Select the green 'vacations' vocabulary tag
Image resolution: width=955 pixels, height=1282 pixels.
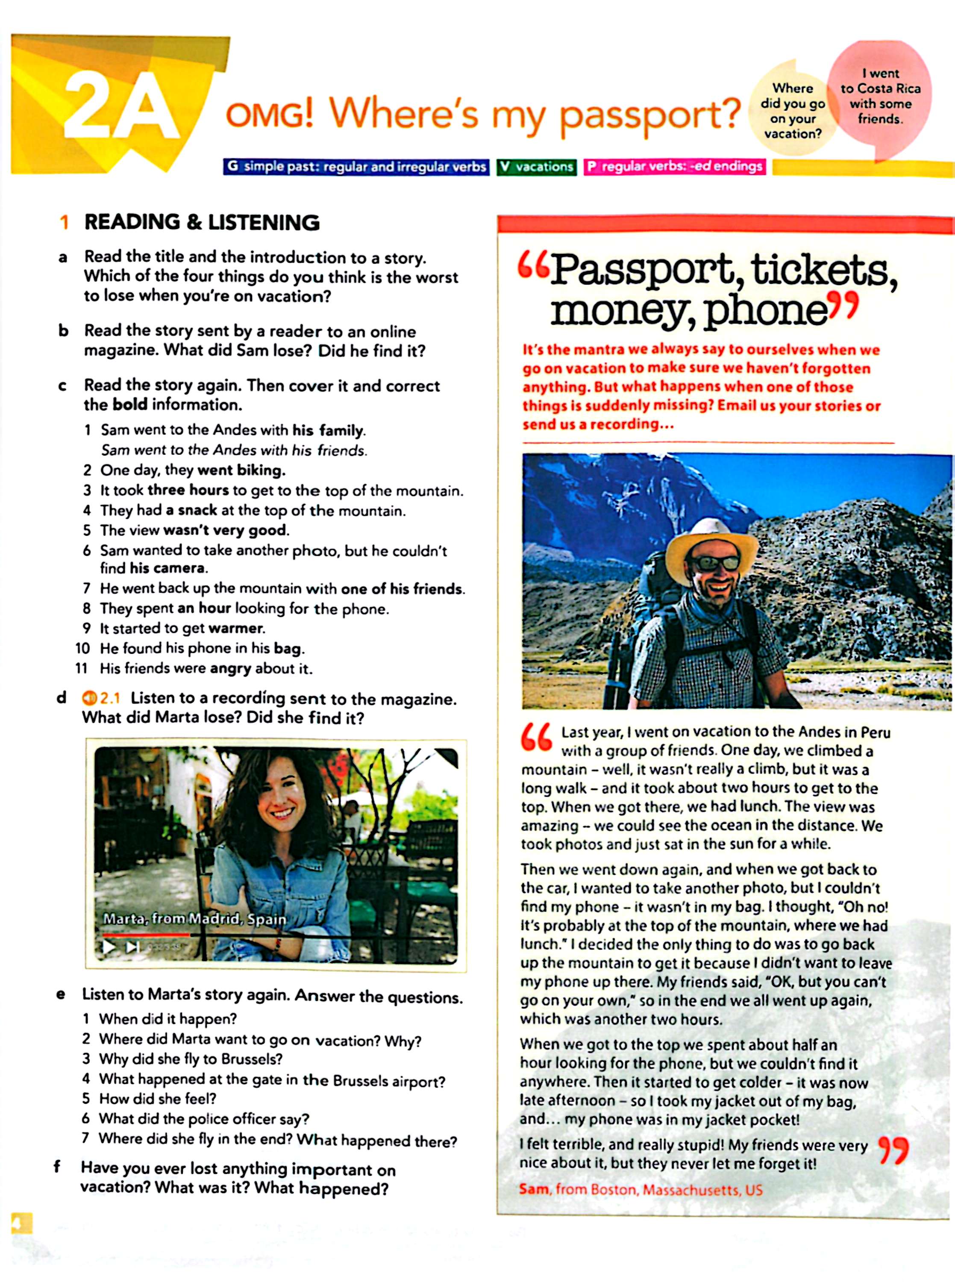tap(536, 167)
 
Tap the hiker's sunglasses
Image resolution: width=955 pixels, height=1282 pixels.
tap(712, 562)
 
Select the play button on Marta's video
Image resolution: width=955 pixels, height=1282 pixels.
tap(108, 946)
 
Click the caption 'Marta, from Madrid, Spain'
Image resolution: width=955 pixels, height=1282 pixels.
tap(194, 919)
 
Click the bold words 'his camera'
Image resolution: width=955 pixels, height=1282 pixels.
tap(167, 568)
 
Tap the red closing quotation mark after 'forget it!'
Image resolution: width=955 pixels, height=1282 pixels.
tap(893, 1151)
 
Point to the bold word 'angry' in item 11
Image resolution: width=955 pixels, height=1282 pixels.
tap(230, 669)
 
